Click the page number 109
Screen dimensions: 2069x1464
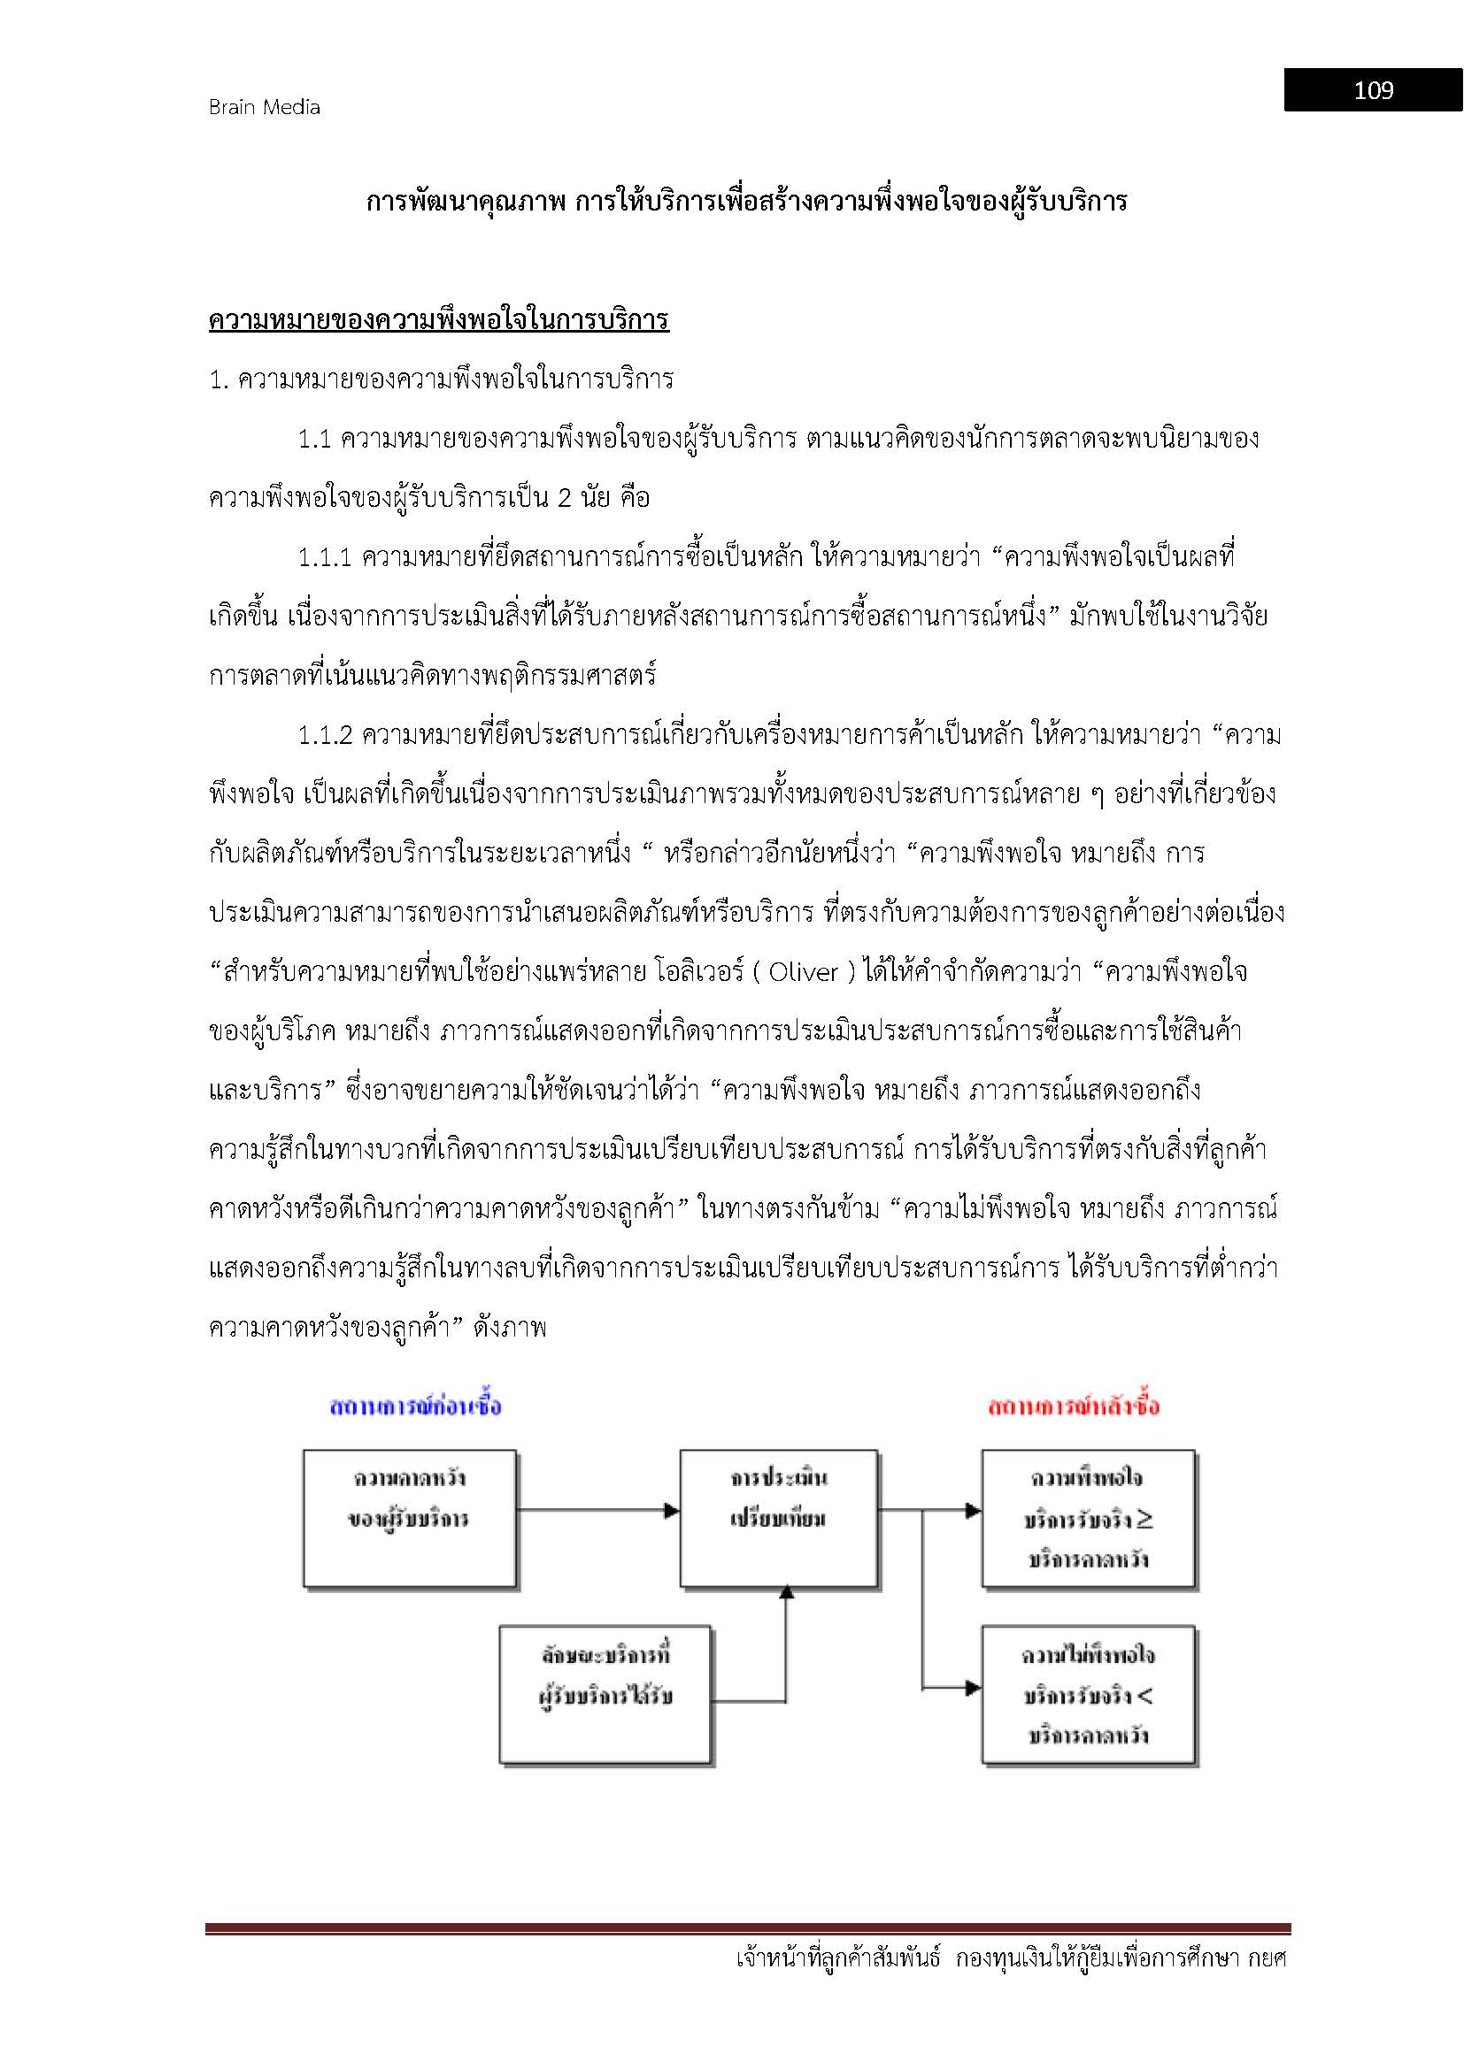pyautogui.click(x=1372, y=90)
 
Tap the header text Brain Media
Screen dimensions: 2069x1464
pyautogui.click(x=264, y=107)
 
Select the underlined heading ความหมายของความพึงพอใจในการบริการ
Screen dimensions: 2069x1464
pyautogui.click(x=438, y=320)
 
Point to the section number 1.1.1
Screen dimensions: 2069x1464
pyautogui.click(x=324, y=557)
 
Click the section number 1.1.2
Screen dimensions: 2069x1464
pyautogui.click(x=325, y=735)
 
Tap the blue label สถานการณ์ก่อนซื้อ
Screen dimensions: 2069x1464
pyautogui.click(x=416, y=1406)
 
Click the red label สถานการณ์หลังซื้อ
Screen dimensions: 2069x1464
pyautogui.click(x=1074, y=1406)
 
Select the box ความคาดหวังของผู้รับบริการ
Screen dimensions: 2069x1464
pyautogui.click(x=409, y=1518)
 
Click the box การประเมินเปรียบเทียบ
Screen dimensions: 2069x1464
pyautogui.click(x=779, y=1518)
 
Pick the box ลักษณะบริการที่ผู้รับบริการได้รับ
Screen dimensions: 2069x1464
pyautogui.click(x=605, y=1694)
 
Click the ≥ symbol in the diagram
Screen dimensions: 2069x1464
pyautogui.click(x=1144, y=1520)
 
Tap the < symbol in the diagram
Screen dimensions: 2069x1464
pyautogui.click(x=1144, y=1696)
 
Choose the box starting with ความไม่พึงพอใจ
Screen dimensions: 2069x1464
pyautogui.click(x=1088, y=1694)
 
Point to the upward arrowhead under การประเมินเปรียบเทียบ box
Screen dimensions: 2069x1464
pyautogui.click(x=786, y=1593)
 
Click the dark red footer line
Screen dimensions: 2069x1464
pyautogui.click(x=747, y=1928)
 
